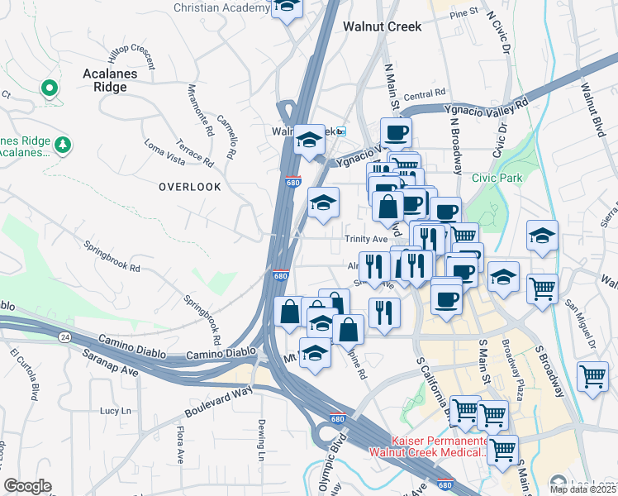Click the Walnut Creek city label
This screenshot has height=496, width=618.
click(x=382, y=26)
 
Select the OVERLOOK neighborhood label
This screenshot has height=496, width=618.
click(x=190, y=187)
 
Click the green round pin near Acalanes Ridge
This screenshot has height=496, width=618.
click(x=49, y=88)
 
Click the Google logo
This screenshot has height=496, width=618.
click(x=27, y=486)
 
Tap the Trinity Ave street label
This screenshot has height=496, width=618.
click(x=366, y=239)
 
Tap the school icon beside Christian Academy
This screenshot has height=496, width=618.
click(x=287, y=7)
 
